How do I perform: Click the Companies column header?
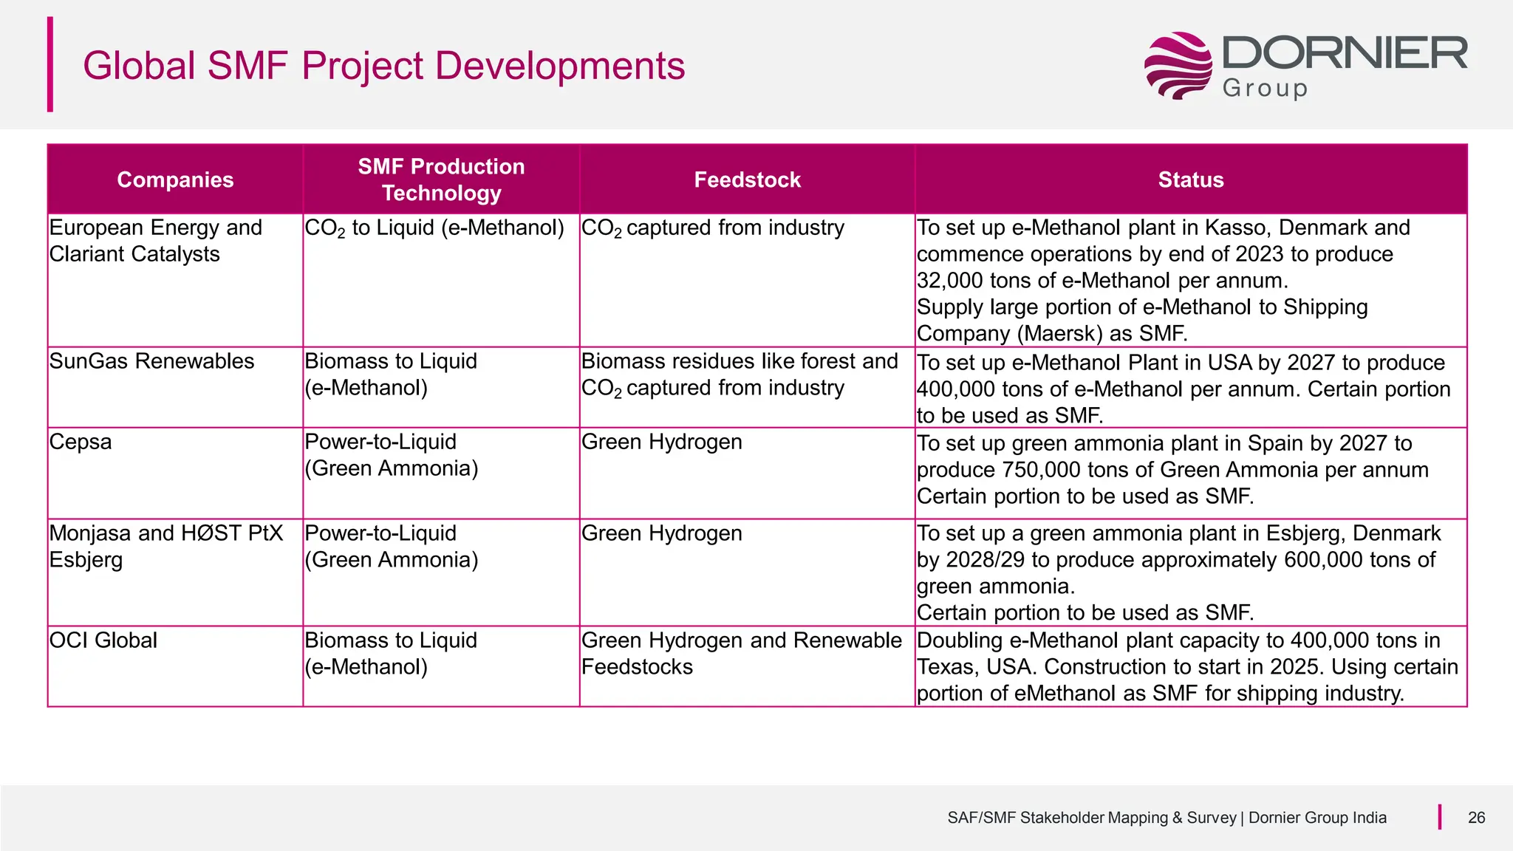click(175, 180)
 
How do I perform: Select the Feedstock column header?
click(747, 180)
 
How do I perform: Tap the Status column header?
click(1190, 180)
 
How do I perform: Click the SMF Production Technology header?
click(441, 180)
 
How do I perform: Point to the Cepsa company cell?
click(81, 442)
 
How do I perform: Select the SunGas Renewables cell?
click(151, 361)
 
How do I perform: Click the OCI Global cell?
click(103, 640)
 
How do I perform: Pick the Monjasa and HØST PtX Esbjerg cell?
click(165, 546)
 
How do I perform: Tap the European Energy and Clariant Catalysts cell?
click(155, 241)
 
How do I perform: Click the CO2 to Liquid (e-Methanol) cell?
click(434, 228)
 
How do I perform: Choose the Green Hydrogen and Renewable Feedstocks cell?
click(741, 653)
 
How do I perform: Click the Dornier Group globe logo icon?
click(1178, 65)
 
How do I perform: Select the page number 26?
click(1476, 818)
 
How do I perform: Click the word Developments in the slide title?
click(560, 66)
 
